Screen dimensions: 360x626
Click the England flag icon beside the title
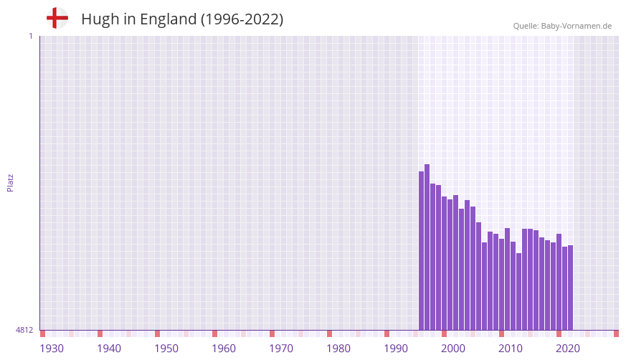[57, 19]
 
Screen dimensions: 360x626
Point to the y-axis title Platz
[10, 182]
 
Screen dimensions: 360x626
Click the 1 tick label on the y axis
[30, 36]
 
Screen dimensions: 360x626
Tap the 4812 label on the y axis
[24, 330]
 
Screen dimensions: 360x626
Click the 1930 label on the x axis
[52, 349]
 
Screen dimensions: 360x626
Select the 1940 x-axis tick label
[109, 349]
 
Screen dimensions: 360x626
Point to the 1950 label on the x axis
[166, 349]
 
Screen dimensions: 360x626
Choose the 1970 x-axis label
[281, 349]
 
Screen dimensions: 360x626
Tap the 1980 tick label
[338, 349]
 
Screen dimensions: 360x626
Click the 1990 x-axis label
[396, 349]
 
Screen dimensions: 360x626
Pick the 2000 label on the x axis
[453, 349]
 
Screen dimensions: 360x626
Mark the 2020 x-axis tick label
[568, 349]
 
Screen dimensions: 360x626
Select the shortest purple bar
[519, 291]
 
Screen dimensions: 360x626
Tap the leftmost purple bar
[422, 251]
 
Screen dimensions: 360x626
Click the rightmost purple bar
[571, 288]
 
